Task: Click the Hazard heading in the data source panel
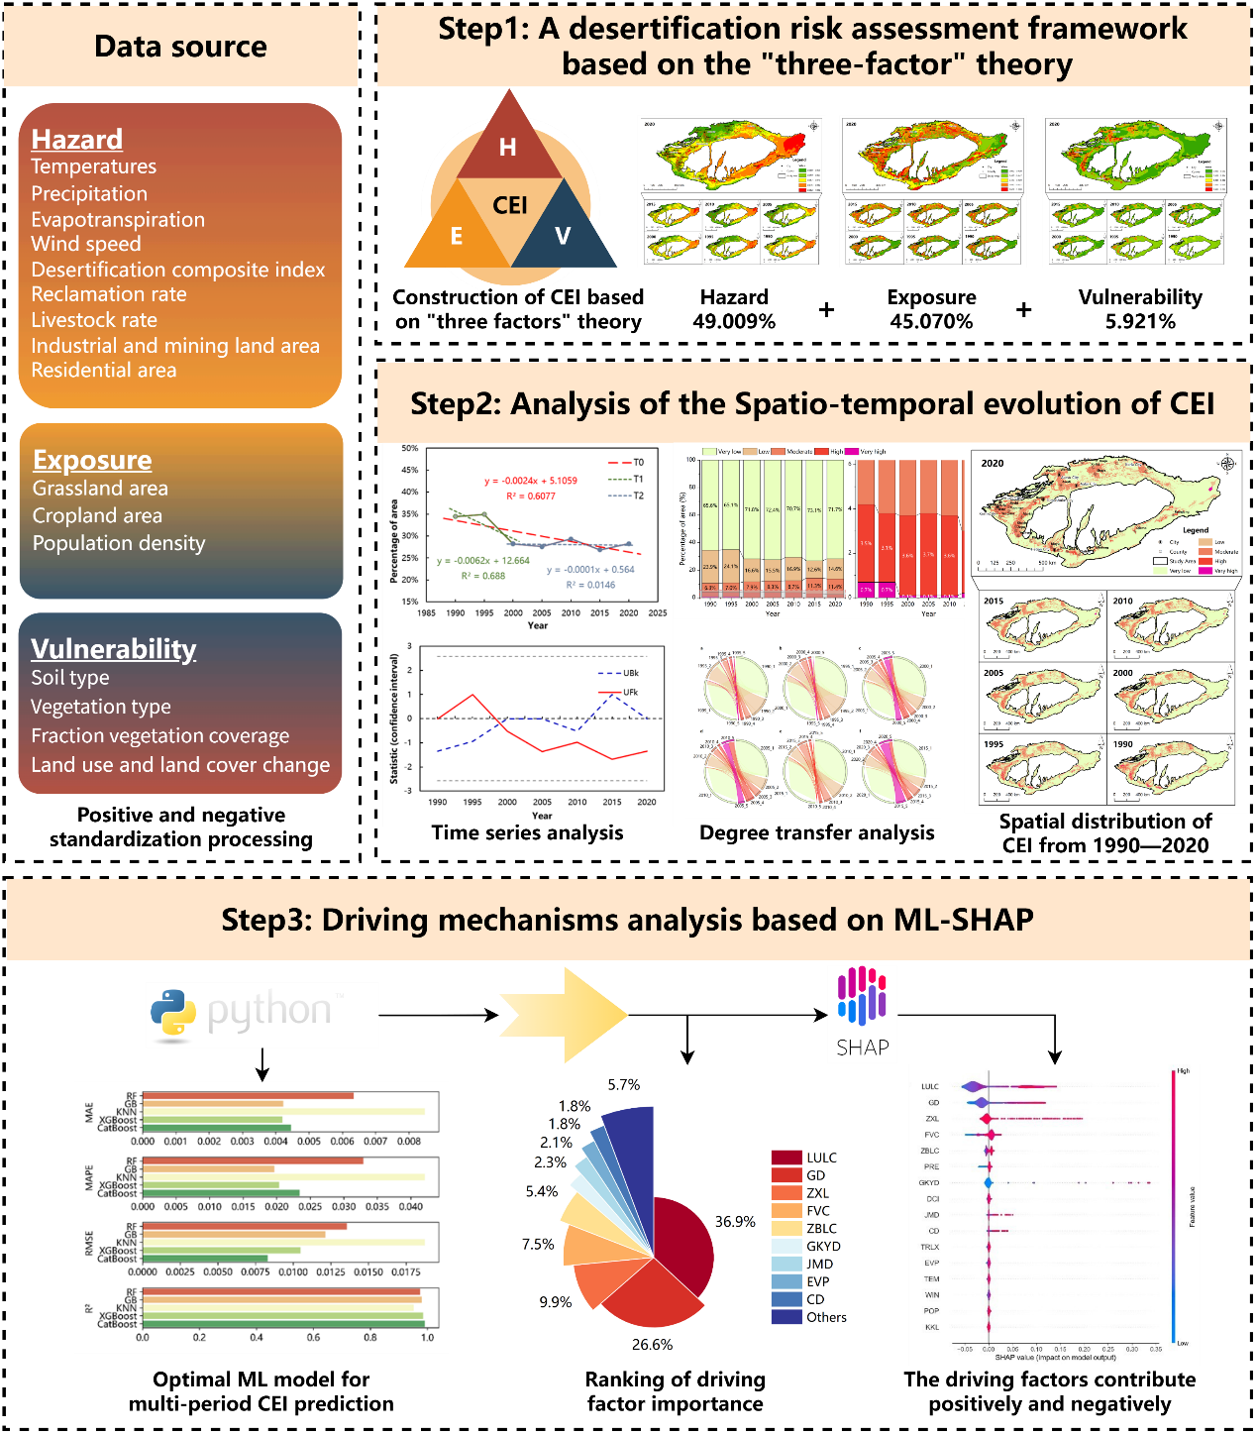(x=77, y=140)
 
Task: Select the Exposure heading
(x=92, y=461)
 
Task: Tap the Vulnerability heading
(x=114, y=649)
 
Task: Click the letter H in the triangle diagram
(x=508, y=148)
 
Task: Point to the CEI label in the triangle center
(x=510, y=205)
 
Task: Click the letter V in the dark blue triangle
(x=563, y=236)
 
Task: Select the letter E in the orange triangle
(x=457, y=236)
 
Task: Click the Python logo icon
(x=173, y=1013)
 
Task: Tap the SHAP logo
(x=863, y=1013)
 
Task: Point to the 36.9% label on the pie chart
(x=735, y=1222)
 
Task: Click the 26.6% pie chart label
(x=652, y=1345)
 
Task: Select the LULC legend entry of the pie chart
(x=821, y=1158)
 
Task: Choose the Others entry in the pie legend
(x=826, y=1317)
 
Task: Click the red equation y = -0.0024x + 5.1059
(x=530, y=481)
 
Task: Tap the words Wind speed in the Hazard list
(x=86, y=244)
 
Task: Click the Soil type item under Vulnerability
(x=70, y=678)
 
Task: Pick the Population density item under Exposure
(x=119, y=543)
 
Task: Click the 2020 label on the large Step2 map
(x=993, y=463)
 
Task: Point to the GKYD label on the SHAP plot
(x=929, y=1182)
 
